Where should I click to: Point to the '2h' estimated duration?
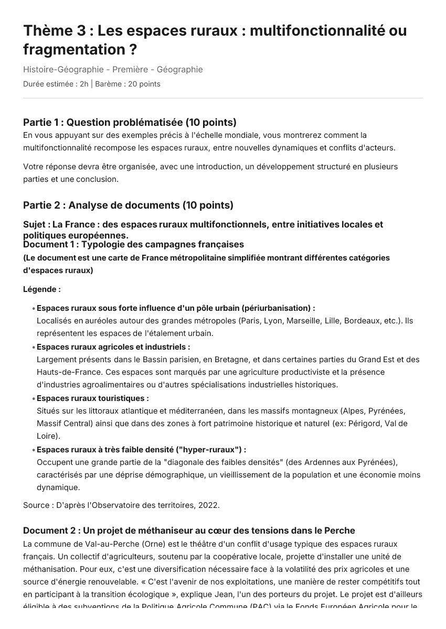click(84, 84)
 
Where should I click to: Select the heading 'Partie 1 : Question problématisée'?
click(130, 122)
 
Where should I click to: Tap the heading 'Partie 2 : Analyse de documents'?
click(128, 205)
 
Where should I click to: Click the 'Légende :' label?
click(42, 289)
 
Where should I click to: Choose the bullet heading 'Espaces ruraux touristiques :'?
click(93, 398)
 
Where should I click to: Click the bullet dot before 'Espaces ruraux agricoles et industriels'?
click(34, 348)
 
